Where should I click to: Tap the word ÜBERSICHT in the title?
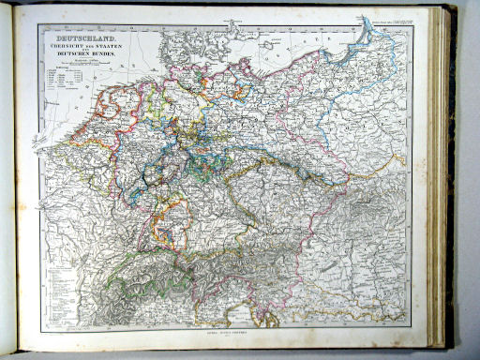point(62,47)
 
